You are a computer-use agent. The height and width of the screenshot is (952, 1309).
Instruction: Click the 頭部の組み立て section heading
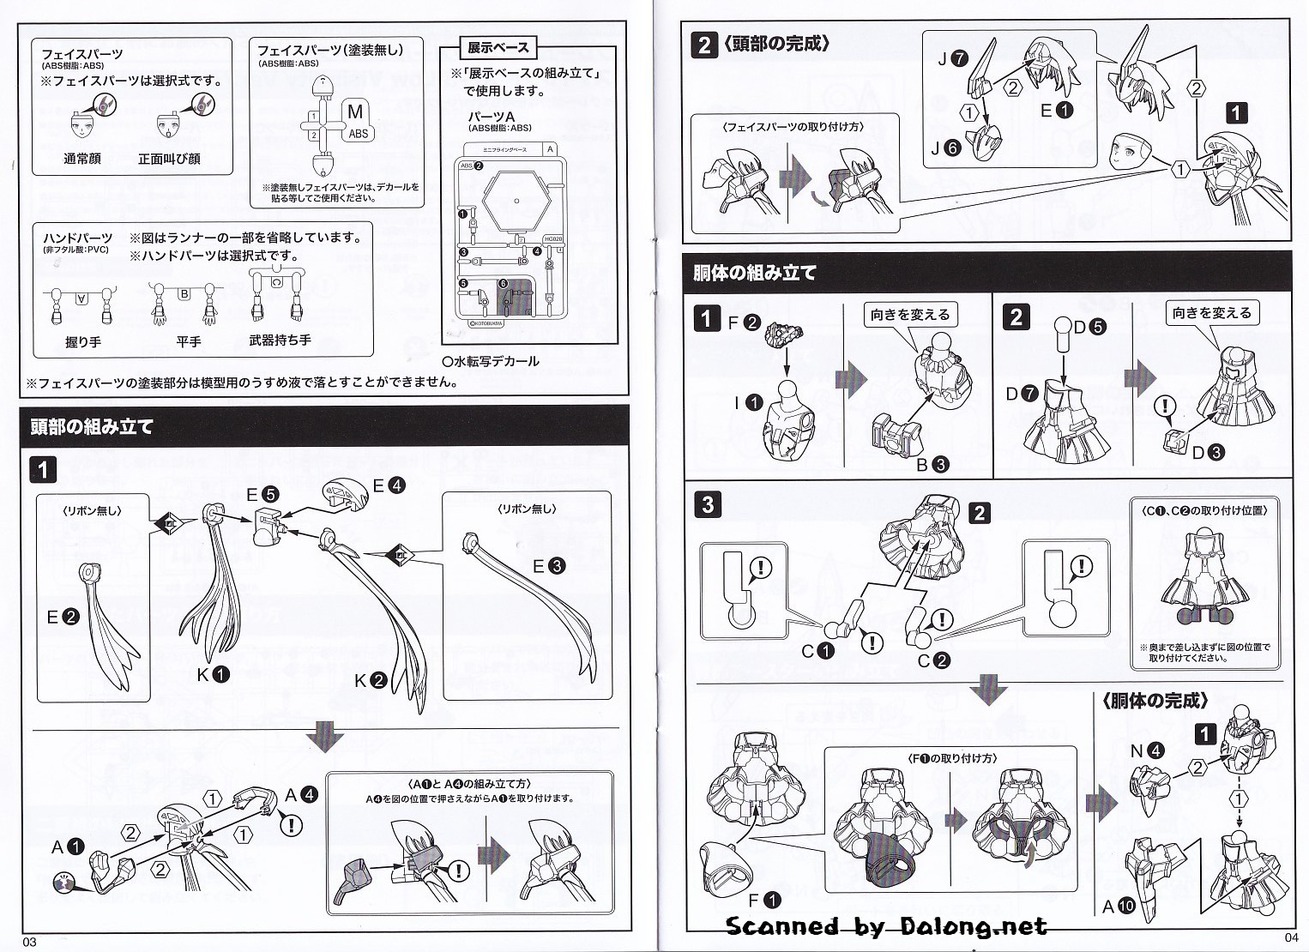[92, 427]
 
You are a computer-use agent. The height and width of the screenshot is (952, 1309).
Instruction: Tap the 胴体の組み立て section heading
[755, 273]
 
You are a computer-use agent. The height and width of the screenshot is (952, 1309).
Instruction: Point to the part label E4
[388, 485]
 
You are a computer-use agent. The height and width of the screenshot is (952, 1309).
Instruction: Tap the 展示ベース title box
[498, 48]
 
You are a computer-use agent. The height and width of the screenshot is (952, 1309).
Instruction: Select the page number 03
[30, 942]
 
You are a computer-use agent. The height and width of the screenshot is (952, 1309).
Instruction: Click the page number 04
[1292, 935]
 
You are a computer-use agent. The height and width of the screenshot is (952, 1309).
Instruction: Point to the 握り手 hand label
[83, 341]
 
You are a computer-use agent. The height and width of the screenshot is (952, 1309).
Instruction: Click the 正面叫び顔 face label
[169, 159]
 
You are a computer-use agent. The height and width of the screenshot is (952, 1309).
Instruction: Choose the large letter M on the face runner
[355, 111]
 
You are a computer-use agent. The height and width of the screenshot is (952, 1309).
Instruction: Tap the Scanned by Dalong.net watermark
[886, 926]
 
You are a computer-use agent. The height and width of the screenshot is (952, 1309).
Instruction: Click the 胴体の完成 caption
[1155, 702]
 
